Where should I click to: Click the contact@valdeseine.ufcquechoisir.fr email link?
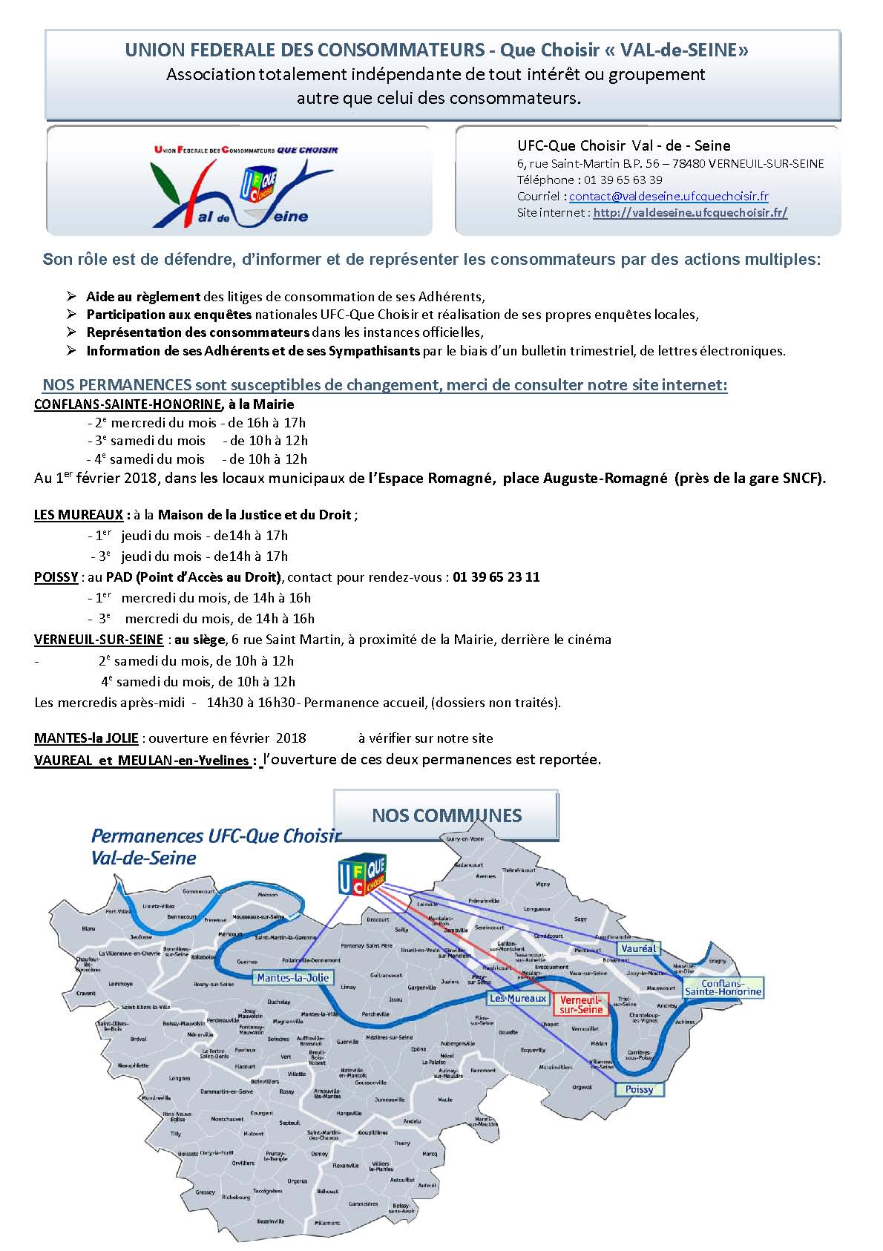[x=668, y=197]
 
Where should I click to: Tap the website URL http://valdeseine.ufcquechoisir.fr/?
[x=689, y=213]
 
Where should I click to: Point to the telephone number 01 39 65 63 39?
[x=623, y=180]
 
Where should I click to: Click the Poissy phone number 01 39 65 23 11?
[x=496, y=577]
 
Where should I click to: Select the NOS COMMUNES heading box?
[x=446, y=815]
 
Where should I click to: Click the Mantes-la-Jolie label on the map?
[x=292, y=977]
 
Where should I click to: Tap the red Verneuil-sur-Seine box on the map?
[x=580, y=1004]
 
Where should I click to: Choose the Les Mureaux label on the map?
[x=517, y=998]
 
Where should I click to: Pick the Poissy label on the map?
[x=639, y=1089]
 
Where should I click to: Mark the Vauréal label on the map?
[x=639, y=949]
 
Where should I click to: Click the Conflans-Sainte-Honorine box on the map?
[x=722, y=988]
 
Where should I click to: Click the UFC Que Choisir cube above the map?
[x=361, y=874]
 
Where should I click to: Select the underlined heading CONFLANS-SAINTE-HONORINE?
[x=128, y=404]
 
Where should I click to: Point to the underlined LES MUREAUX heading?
[x=79, y=515]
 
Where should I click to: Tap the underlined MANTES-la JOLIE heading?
[x=86, y=738]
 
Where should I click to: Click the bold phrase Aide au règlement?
[x=143, y=297]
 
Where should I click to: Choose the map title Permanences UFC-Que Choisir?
[x=215, y=836]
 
